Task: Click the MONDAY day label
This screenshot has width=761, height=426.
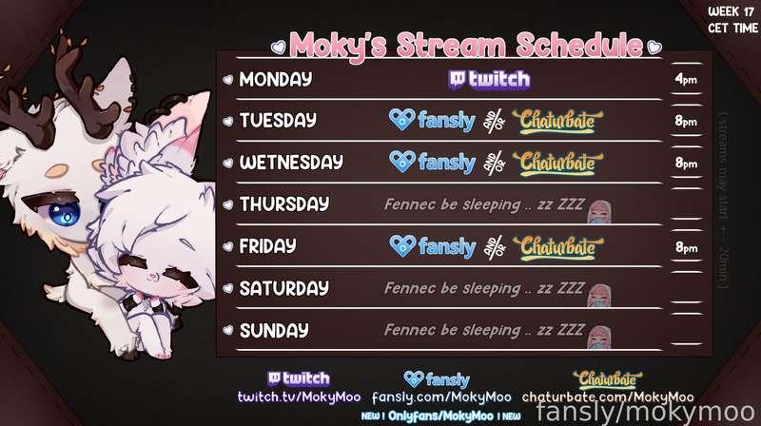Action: [x=276, y=79]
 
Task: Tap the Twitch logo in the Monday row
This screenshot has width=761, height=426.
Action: [x=488, y=79]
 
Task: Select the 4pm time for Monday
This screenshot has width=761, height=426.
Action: [x=684, y=79]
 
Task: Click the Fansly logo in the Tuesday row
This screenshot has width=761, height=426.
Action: [x=433, y=121]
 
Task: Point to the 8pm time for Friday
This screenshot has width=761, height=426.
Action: [x=684, y=247]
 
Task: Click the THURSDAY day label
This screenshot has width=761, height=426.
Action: [x=284, y=204]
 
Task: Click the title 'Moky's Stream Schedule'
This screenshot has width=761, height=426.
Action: [x=466, y=43]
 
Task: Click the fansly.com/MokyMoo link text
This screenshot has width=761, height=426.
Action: [x=441, y=397]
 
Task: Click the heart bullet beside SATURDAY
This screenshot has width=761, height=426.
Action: [x=227, y=288]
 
